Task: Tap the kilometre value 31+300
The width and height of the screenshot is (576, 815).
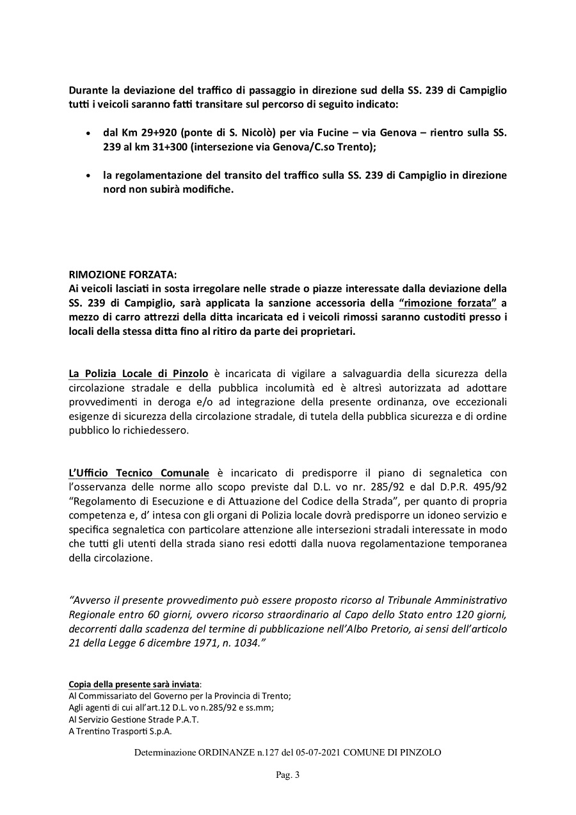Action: [x=177, y=148]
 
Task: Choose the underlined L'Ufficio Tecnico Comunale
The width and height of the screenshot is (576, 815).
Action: [x=139, y=473]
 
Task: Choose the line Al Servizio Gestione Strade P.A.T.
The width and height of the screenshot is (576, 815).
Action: [x=134, y=720]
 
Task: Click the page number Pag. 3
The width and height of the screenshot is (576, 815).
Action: [x=287, y=775]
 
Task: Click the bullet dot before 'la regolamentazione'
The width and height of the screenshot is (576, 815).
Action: [x=88, y=176]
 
